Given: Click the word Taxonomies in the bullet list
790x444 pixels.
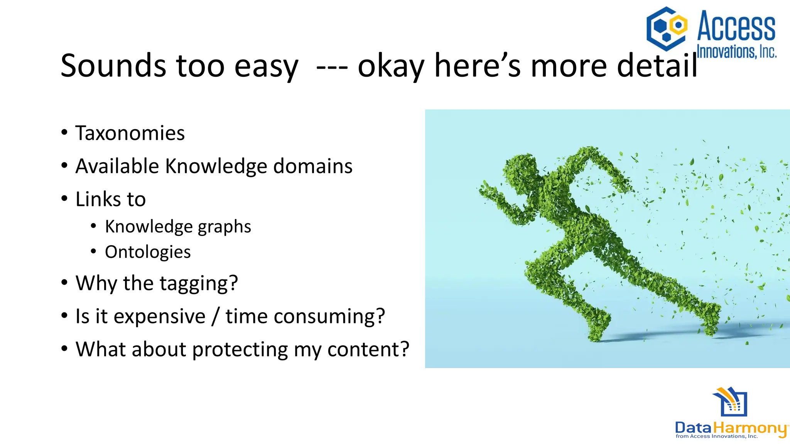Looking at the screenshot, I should tap(130, 133).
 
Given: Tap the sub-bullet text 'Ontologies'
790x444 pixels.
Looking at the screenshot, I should tap(148, 252).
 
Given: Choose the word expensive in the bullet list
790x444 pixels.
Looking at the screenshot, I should tap(159, 317).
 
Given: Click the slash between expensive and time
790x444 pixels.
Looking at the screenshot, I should tap(215, 317).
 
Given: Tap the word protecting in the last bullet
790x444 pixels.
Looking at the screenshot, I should tap(240, 350).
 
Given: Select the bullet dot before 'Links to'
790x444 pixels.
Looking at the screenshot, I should tap(64, 199).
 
